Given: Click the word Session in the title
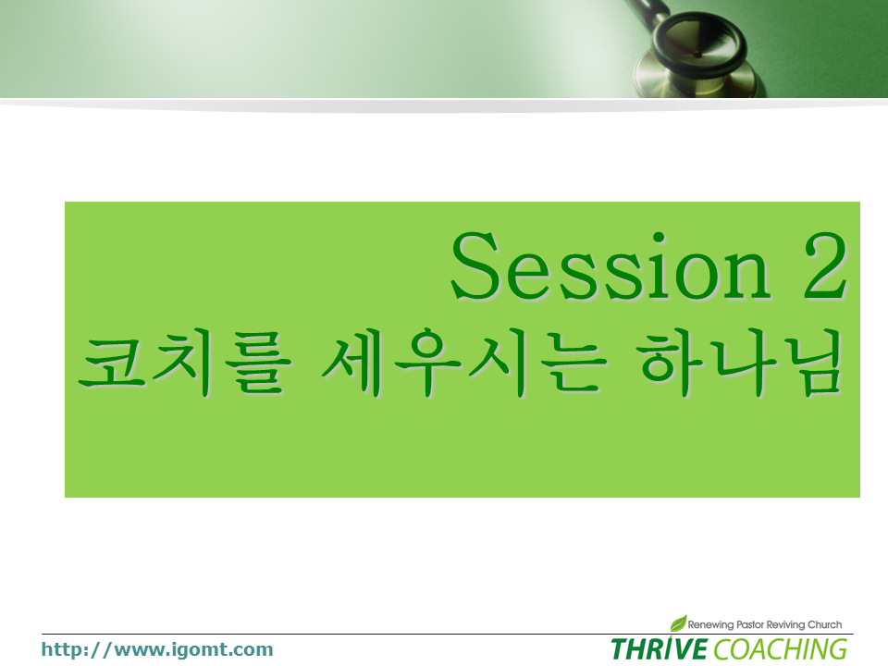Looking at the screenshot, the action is (x=610, y=265).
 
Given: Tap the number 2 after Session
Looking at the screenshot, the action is (x=824, y=265).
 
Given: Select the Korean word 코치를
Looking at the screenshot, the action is (x=185, y=362).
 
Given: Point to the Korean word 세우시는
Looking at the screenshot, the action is (x=464, y=362).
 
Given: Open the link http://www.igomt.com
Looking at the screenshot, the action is (x=157, y=649).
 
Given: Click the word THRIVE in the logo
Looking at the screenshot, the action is (x=660, y=649).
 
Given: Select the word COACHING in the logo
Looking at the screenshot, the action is (x=781, y=649).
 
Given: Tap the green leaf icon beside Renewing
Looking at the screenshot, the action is (x=678, y=623).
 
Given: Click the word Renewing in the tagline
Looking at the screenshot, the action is (x=710, y=624).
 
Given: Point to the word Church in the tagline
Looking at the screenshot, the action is (x=824, y=624).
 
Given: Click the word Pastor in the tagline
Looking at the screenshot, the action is (x=749, y=624).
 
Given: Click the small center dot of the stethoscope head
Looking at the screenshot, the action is (x=697, y=55).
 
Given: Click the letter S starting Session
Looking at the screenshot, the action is (x=475, y=265).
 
